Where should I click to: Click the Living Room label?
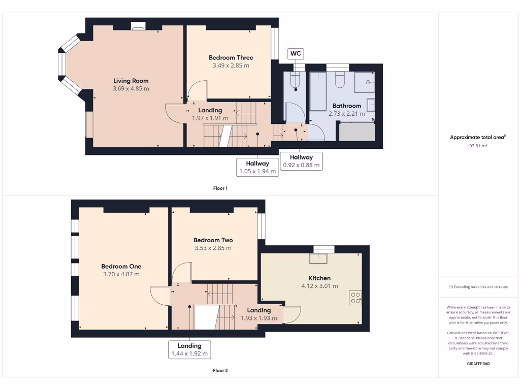tap(131, 81)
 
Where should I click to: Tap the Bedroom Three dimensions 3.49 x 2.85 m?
tap(231, 66)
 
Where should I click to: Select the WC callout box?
tap(295, 53)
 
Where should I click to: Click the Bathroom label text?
tap(346, 106)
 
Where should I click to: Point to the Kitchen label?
tap(319, 278)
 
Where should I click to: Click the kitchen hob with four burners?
tap(355, 298)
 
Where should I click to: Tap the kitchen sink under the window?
tap(319, 258)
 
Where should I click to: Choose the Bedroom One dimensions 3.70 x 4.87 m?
tap(120, 274)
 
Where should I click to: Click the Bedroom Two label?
tap(213, 240)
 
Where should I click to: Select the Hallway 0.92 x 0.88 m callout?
tap(302, 161)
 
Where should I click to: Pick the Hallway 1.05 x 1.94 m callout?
tap(257, 167)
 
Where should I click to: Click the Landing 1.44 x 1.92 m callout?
tap(189, 350)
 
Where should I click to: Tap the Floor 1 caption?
tap(220, 188)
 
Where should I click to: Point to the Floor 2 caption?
tap(220, 371)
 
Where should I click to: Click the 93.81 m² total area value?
tap(478, 146)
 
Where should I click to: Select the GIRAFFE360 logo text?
tap(478, 364)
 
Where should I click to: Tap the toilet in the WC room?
tap(296, 80)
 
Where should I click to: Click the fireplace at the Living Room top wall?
tap(138, 26)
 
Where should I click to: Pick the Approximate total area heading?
tap(478, 137)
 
